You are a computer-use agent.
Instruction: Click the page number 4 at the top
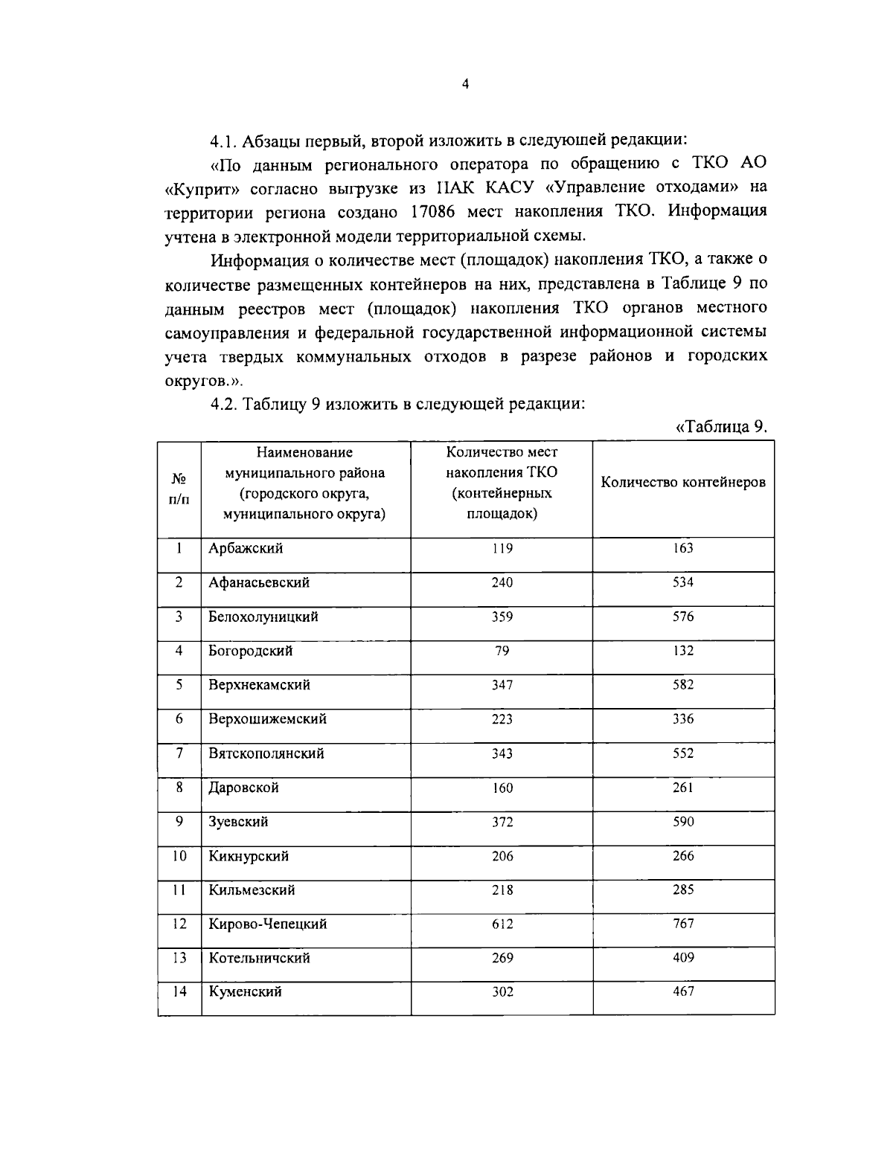pos(465,85)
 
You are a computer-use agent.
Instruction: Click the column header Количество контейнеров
pos(683,482)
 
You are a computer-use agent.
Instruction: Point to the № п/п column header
pos(179,489)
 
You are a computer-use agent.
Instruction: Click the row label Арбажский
pos(246,549)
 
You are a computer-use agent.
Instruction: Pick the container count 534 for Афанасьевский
pos(682,582)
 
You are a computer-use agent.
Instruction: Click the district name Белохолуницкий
pos(263,617)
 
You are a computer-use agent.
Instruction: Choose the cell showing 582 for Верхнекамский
pos(682,685)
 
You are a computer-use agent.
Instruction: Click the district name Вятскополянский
pos(266,753)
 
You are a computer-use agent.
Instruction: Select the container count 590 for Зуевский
pos(682,822)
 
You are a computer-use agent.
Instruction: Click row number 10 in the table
pos(179,856)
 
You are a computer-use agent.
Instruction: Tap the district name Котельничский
pos(258,959)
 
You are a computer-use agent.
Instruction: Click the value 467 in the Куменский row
pos(682,992)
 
